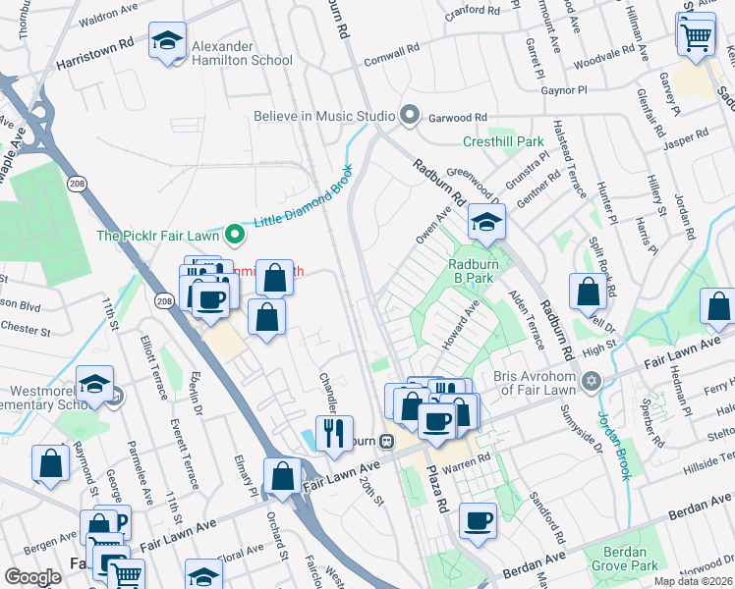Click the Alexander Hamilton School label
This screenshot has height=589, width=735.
pos(242,53)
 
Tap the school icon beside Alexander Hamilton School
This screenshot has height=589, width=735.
pos(168,42)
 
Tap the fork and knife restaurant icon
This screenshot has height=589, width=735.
pos(334,433)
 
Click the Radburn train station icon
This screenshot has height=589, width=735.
pos(387,441)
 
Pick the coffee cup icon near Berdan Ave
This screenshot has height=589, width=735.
pos(478,520)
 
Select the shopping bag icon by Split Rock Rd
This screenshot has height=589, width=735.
pos(588,292)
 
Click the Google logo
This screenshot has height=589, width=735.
pos(32,577)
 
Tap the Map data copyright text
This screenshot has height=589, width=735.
pos(693,581)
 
